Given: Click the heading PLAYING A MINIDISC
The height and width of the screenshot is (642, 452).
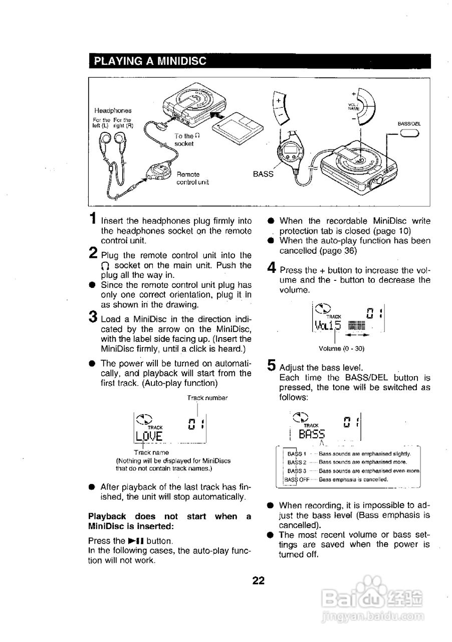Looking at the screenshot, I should pyautogui.click(x=150, y=62).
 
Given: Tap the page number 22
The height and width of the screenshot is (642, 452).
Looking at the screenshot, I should pyautogui.click(x=258, y=581).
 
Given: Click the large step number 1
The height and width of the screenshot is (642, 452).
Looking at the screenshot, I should pyautogui.click(x=93, y=219).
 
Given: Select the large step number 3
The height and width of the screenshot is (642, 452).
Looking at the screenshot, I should pyautogui.click(x=93, y=317).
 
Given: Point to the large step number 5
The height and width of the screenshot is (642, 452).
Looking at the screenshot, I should pyautogui.click(x=271, y=366).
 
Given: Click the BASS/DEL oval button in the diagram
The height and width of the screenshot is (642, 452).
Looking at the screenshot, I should pyautogui.click(x=409, y=133).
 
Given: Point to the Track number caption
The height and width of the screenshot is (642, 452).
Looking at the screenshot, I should pyautogui.click(x=207, y=398).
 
